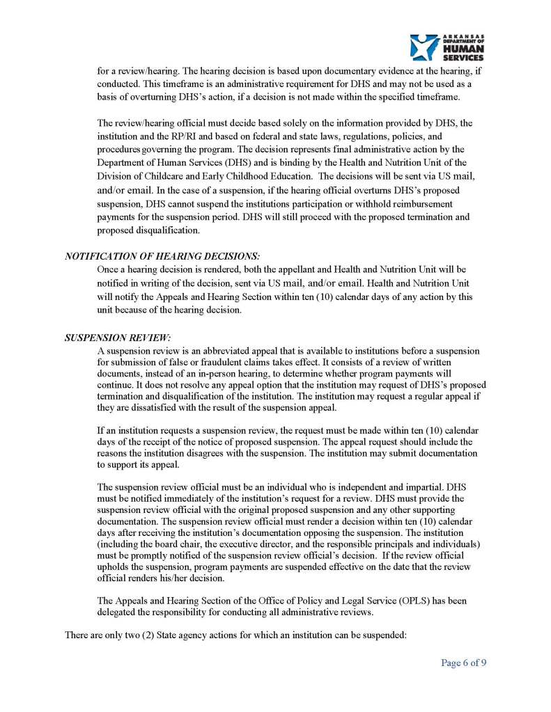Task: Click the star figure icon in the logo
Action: [x=424, y=47]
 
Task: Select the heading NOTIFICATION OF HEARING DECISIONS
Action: [x=163, y=256]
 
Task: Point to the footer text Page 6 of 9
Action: [x=463, y=662]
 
